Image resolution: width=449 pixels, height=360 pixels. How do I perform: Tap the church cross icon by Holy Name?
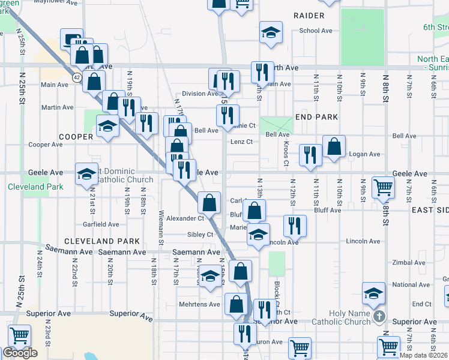click(378, 316)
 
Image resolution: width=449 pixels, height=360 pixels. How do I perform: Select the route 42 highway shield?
click(77, 77)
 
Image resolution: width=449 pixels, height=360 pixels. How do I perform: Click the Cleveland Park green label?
click(35, 187)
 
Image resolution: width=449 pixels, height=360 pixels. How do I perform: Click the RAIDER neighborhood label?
click(309, 15)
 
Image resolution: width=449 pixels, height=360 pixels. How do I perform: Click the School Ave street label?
click(316, 31)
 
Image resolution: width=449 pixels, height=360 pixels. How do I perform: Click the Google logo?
click(20, 353)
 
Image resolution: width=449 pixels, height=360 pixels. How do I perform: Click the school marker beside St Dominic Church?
click(86, 173)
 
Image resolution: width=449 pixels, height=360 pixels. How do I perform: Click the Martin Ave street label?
click(57, 107)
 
